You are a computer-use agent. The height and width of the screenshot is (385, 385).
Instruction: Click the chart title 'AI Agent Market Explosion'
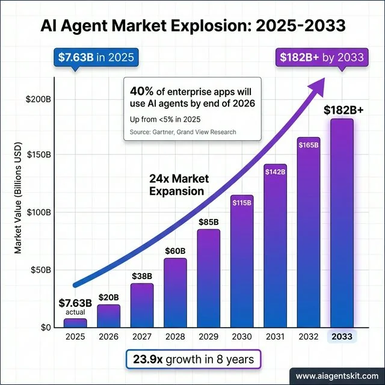pos(192,25)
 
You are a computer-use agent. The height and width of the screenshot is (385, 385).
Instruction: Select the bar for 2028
pos(175,293)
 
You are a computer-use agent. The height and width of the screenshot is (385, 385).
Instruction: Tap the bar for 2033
pos(341,223)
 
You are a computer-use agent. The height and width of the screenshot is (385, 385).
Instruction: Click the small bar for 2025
pos(75,323)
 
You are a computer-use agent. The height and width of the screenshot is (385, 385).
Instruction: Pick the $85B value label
pos(209,223)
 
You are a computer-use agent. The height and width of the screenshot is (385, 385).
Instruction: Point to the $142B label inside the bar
pos(275,172)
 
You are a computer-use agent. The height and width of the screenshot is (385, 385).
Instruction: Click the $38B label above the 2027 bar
pos(142,276)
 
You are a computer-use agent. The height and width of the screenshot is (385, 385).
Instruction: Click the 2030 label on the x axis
pos(242,337)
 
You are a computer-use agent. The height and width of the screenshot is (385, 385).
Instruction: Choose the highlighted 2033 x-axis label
pos(341,337)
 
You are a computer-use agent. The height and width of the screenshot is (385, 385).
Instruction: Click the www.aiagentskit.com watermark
pos(337,374)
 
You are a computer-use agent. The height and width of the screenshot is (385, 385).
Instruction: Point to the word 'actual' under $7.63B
pos(75,312)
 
